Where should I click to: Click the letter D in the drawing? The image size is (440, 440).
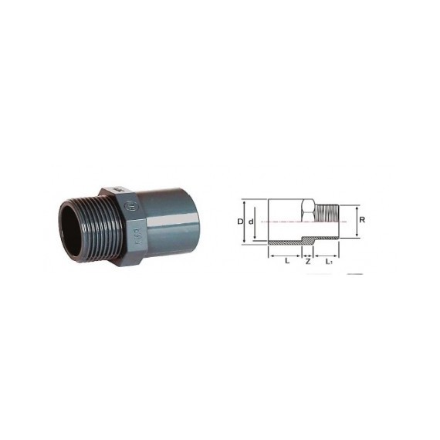pos(239,222)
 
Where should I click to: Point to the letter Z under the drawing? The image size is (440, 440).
pos(308,262)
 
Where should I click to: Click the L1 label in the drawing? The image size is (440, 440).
pos(329,262)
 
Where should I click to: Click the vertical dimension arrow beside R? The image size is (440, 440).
pos(357,220)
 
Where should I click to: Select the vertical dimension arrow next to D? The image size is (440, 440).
pos(245,222)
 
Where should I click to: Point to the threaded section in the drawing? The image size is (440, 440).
pos(327,220)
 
